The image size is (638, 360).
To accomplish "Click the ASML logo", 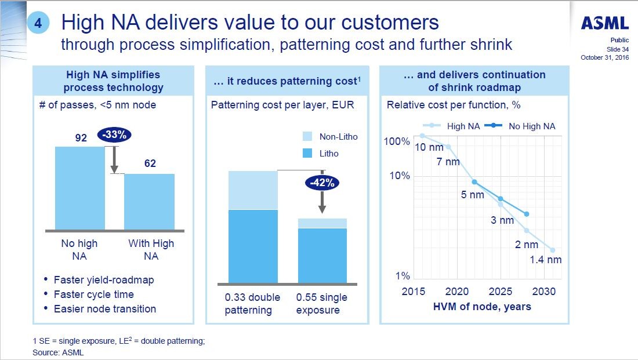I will (605, 23).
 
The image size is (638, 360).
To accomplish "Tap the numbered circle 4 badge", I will (38, 23).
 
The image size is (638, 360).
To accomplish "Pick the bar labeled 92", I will (79, 188).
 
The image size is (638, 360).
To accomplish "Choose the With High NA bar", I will (149, 202).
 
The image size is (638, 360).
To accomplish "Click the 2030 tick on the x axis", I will (543, 291).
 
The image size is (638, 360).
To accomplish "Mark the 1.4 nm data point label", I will (546, 260).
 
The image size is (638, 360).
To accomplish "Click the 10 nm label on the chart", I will (429, 147).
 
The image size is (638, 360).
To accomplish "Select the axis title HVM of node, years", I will (482, 307).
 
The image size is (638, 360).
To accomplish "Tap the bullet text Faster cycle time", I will (94, 294).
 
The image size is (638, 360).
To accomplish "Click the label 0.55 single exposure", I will (322, 304).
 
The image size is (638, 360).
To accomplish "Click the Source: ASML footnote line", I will (55, 352).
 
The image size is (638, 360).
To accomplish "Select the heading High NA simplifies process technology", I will (113, 81).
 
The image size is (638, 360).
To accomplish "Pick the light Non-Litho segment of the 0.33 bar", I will (253, 190).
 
